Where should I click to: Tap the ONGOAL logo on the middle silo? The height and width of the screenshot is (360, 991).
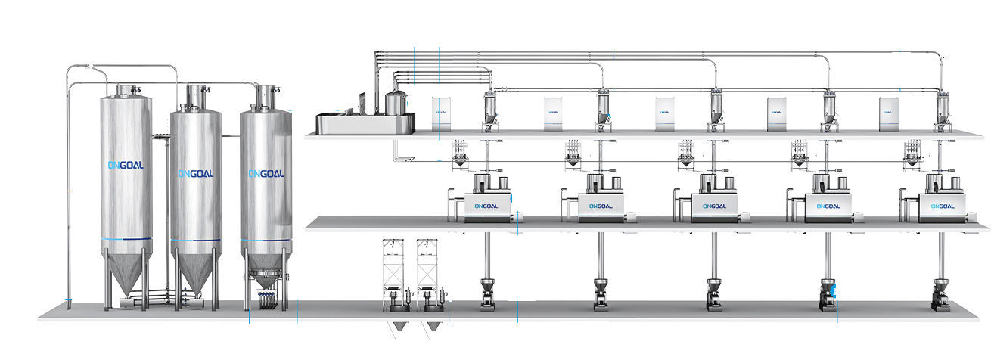click(x=196, y=174)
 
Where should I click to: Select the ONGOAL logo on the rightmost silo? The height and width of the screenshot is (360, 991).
click(x=266, y=174)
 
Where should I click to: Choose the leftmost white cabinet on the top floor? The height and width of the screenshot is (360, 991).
click(x=442, y=113)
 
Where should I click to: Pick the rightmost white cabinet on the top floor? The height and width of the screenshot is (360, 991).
click(x=889, y=113)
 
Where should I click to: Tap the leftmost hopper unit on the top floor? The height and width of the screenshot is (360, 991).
click(x=490, y=110)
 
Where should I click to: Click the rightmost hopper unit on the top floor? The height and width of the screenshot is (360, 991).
click(x=942, y=110)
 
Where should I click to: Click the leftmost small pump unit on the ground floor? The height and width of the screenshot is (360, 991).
click(x=486, y=294)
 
